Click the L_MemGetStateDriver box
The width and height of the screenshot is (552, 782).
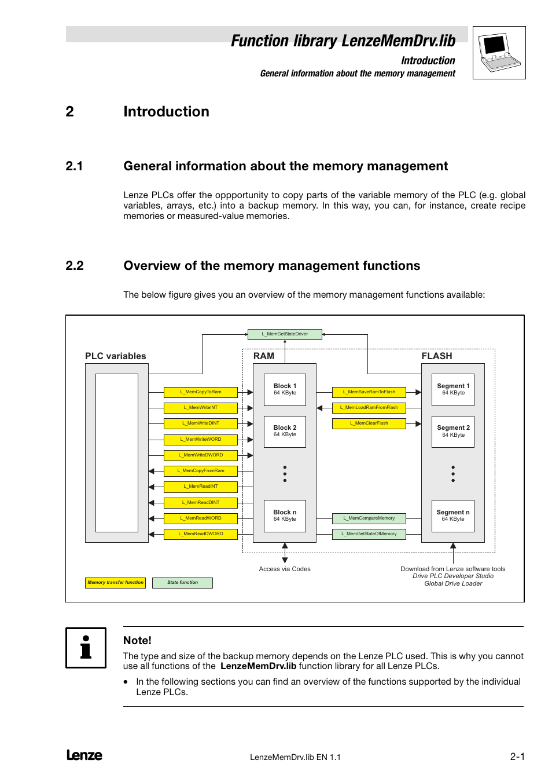pyautogui.click(x=285, y=334)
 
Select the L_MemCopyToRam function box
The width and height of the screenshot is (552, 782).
pyautogui.click(x=200, y=392)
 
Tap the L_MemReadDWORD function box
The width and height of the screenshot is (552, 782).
pyautogui.click(x=200, y=534)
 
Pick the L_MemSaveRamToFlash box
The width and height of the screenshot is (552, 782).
pyautogui.click(x=369, y=392)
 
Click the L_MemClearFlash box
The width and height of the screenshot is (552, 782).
pyautogui.click(x=369, y=423)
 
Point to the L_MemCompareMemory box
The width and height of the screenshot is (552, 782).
pyautogui.click(x=369, y=518)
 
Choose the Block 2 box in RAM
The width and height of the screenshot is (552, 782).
pyautogui.click(x=285, y=432)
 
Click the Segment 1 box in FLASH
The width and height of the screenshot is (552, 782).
pyautogui.click(x=453, y=389)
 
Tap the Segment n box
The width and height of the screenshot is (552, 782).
pyautogui.click(x=453, y=516)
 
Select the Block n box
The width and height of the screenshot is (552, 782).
pyautogui.click(x=285, y=516)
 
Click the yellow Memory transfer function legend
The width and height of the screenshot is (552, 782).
pyautogui.click(x=115, y=583)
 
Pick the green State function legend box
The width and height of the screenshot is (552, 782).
pyautogui.click(x=182, y=583)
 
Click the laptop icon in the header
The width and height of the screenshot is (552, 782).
pyautogui.click(x=499, y=53)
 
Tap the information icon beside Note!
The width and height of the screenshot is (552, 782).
pyautogui.click(x=86, y=648)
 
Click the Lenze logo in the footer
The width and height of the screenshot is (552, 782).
pyautogui.click(x=84, y=755)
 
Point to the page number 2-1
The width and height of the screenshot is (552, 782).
pyautogui.click(x=517, y=757)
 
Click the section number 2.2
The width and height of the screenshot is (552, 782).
pyautogui.click(x=75, y=266)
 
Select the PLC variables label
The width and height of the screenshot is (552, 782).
pyautogui.click(x=116, y=356)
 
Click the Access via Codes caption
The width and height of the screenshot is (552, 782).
pyautogui.click(x=285, y=569)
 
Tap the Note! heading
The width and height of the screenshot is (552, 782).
pyautogui.click(x=137, y=641)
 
